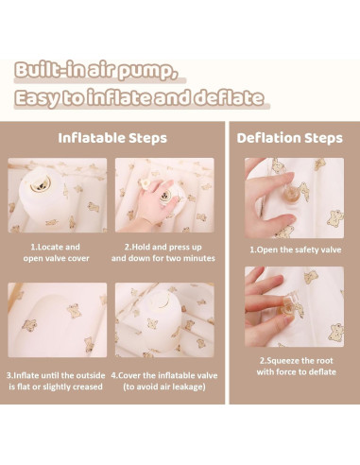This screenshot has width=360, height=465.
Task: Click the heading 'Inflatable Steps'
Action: tap(112, 138)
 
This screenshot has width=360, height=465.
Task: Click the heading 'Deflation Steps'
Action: tap(289, 138)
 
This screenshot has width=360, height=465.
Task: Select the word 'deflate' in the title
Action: tap(228, 97)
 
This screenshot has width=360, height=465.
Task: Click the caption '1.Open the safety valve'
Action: tap(296, 250)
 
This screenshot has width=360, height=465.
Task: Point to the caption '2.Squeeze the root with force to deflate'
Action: tap(296, 366)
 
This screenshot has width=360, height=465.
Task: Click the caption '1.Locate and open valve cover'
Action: tap(56, 252)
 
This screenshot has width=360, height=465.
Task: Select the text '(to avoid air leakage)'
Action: tap(164, 387)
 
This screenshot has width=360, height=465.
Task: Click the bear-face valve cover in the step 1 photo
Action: tap(41, 184)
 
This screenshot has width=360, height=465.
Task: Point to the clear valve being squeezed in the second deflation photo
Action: tap(286, 305)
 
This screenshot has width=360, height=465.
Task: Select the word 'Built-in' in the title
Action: tap(50, 70)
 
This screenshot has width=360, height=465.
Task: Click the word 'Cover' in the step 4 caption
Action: tap(129, 375)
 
